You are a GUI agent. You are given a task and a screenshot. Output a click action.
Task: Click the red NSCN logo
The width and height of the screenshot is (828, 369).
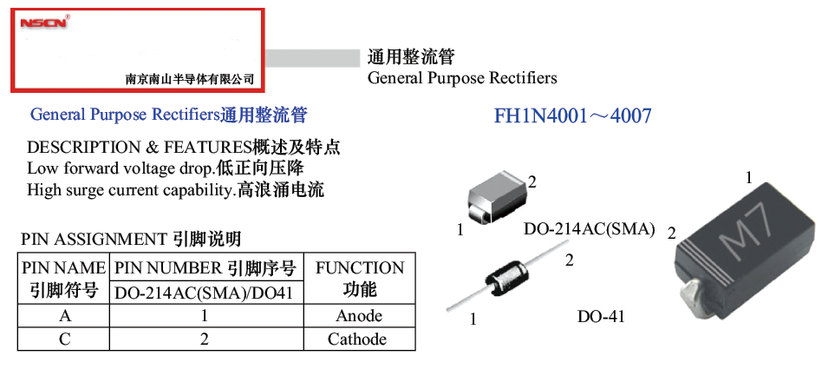point(43,23)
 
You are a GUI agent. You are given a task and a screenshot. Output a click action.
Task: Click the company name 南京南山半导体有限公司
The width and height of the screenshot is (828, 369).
point(190,79)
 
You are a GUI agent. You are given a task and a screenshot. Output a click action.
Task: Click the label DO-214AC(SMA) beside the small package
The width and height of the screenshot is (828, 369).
point(588,230)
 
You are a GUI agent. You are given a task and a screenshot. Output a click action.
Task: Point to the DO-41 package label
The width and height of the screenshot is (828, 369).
point(601,317)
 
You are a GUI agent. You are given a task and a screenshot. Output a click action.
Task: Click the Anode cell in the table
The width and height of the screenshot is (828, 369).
point(359,316)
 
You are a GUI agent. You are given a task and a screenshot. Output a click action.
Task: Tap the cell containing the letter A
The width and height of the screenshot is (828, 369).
point(65,316)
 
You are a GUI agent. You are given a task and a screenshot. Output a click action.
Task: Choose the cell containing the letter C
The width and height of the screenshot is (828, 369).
point(65,339)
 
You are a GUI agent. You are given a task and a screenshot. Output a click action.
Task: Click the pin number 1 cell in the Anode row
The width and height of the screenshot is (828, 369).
point(205,316)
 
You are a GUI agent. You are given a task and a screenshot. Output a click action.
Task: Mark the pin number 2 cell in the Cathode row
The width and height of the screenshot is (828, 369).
point(205,339)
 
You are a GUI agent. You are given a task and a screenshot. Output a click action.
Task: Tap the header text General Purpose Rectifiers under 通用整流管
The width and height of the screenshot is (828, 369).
point(462,78)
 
